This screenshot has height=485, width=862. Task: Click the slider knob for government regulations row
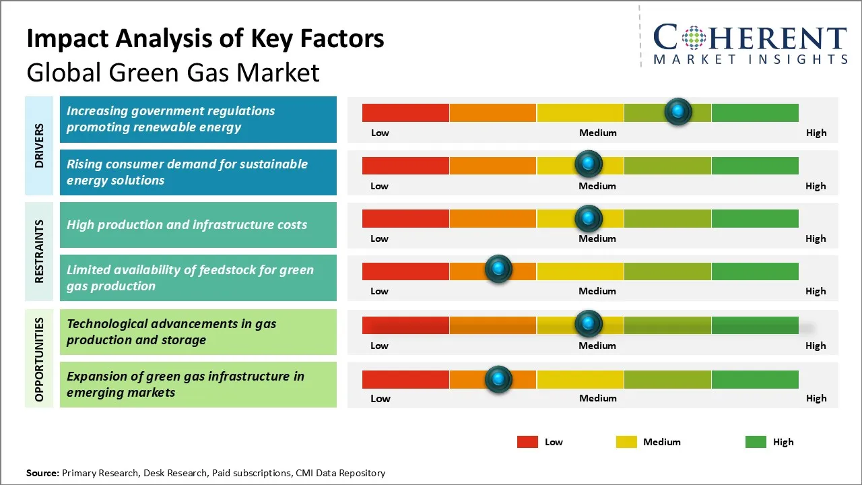pos(678,111)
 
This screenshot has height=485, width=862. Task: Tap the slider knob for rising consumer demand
pos(589,164)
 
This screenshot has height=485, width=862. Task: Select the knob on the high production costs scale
pos(589,218)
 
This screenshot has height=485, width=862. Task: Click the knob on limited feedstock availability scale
pos(498,269)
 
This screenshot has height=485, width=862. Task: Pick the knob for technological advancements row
pos(589,324)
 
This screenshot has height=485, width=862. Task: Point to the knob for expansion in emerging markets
pos(498,379)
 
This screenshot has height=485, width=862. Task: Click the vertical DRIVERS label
pos(39,145)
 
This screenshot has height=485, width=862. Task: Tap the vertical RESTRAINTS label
pos(39,251)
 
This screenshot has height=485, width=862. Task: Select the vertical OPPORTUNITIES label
pos(39,359)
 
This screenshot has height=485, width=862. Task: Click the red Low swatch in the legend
pos(527,442)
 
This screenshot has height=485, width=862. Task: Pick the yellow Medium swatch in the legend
pos(626,442)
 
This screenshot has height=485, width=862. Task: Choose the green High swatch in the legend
pos(756,442)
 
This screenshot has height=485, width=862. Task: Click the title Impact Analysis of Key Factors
pos(205,39)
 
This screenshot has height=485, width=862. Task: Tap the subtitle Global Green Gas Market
pos(173,72)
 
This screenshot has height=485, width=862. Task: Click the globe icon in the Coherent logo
pos(694,38)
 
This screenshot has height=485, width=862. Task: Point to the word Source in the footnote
pos(42,473)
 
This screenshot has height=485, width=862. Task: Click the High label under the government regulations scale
pos(816,133)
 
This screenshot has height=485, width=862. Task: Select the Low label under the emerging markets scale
pos(380,398)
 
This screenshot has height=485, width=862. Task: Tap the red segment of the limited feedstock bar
pos(405,271)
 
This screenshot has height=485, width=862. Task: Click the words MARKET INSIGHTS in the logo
pos(750,59)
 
